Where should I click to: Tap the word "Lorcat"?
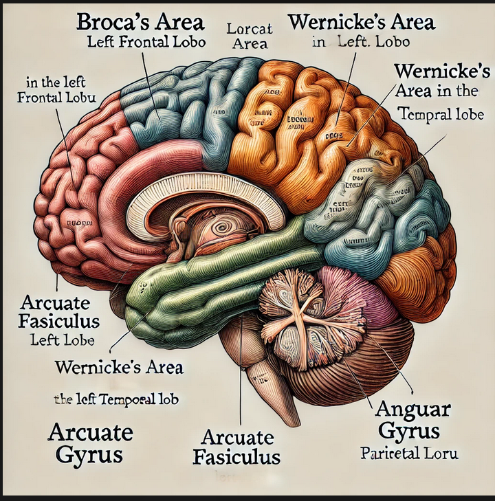pos(250,29)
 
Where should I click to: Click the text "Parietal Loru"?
pos(408,454)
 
